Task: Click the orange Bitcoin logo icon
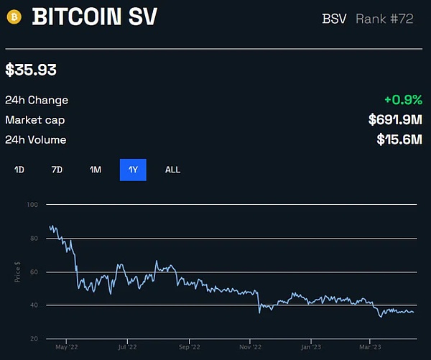point(14,17)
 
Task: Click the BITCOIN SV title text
point(94,17)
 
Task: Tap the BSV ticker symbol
point(334,18)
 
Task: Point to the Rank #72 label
point(384,18)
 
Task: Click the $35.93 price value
point(31,70)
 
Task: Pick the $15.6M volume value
point(399,139)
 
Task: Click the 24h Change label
point(37,100)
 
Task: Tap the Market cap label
point(35,119)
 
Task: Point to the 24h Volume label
point(36,139)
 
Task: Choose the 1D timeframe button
point(19,170)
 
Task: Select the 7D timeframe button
point(57,170)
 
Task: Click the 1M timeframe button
point(96,170)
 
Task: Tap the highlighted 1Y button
point(133,170)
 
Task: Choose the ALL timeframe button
point(172,170)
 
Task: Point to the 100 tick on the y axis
point(32,205)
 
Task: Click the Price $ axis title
point(17,272)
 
